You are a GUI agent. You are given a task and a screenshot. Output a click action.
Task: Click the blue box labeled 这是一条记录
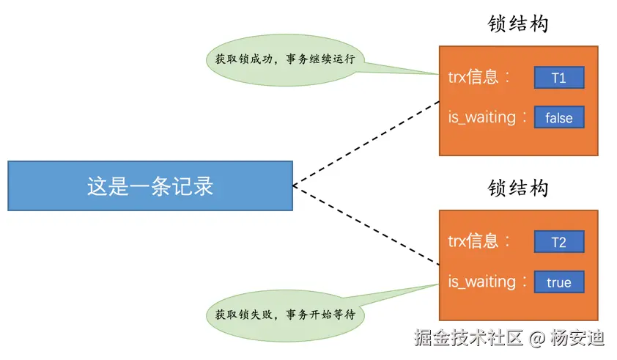[150, 185]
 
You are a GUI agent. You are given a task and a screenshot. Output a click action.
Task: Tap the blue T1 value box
[558, 78]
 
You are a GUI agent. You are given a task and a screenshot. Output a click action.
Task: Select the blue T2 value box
[558, 242]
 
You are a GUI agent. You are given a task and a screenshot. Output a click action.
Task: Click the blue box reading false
[558, 117]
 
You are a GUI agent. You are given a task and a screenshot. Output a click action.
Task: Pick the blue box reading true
[558, 282]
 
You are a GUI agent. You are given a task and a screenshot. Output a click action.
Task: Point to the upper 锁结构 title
[518, 24]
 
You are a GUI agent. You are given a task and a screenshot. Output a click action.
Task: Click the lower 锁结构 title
[518, 188]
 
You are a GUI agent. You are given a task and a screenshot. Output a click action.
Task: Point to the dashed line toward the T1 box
[366, 143]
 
